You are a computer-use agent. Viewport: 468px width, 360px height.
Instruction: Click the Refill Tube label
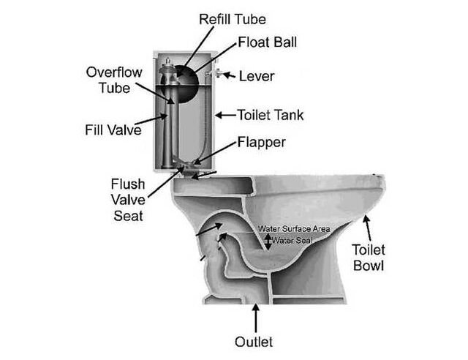(233, 20)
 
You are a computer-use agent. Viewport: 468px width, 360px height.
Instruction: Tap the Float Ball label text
(267, 42)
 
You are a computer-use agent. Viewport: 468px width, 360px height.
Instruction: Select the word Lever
(257, 77)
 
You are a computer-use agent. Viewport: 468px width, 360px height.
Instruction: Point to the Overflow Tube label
(114, 80)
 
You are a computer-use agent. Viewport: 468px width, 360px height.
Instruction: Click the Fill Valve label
(113, 130)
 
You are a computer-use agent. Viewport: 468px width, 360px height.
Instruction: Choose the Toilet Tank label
(271, 115)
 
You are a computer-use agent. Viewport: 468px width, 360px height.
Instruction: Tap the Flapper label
(262, 143)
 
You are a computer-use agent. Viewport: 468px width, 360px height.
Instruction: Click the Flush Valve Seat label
(128, 200)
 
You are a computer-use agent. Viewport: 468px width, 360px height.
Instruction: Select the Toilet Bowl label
(369, 258)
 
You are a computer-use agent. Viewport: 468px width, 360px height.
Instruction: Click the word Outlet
(254, 342)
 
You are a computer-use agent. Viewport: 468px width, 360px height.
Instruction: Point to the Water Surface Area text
(294, 229)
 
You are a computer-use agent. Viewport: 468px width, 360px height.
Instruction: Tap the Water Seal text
(292, 240)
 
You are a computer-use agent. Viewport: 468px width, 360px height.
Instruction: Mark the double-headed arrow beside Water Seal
(268, 241)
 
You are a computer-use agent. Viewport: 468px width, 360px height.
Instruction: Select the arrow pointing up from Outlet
(255, 318)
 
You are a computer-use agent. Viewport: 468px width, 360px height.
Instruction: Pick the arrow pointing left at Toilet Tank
(225, 115)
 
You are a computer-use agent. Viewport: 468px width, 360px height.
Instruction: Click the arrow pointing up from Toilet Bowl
(368, 228)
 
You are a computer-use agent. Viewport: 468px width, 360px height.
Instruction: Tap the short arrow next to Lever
(229, 75)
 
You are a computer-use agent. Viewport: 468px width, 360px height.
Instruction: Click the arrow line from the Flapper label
(214, 153)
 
